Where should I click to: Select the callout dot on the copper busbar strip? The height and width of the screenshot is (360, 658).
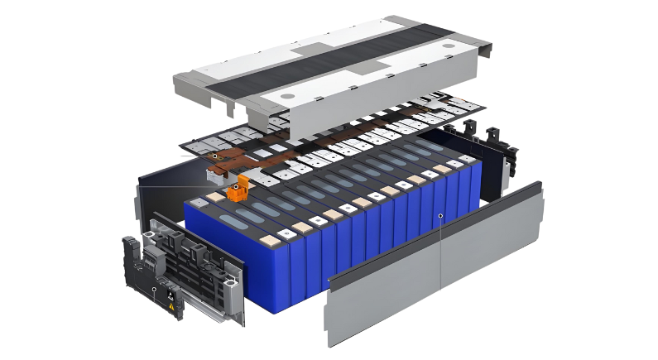tap(214, 155)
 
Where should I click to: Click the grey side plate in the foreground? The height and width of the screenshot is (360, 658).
tap(430, 273)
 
